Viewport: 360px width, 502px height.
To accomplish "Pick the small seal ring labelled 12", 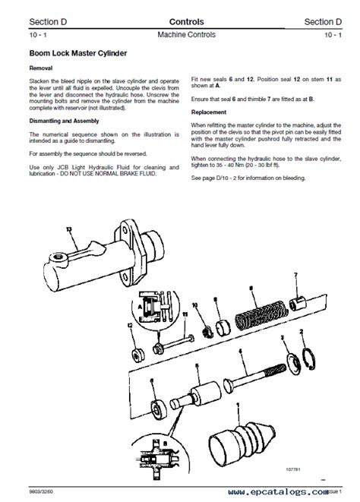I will pyautogui.click(x=138, y=355).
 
